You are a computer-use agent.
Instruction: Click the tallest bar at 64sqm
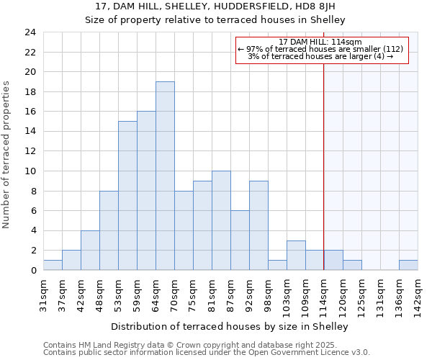click(165, 176)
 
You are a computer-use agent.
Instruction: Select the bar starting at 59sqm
click(146, 191)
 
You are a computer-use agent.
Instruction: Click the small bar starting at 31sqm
click(53, 265)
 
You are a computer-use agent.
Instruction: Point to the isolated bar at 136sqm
click(408, 265)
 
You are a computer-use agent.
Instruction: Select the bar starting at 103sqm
click(296, 256)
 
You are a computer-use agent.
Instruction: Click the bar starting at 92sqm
click(258, 225)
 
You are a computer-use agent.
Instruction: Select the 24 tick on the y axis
click(30, 32)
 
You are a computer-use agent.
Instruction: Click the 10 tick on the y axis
click(30, 171)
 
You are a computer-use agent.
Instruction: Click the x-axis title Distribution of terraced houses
click(230, 326)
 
